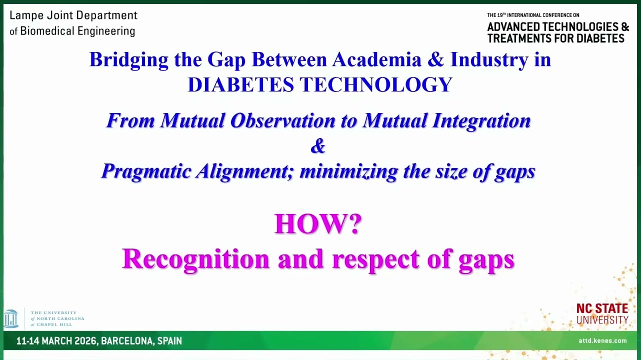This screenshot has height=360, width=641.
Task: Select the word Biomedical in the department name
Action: click(47, 31)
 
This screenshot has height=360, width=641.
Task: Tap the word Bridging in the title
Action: click(129, 60)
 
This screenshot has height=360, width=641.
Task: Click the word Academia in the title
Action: click(377, 59)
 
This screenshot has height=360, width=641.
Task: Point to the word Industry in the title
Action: click(489, 60)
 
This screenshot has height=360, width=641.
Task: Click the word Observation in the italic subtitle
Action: click(282, 120)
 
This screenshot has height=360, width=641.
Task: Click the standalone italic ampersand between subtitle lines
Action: click(318, 146)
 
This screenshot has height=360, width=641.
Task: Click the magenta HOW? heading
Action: click(318, 224)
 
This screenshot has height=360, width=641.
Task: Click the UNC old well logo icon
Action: click(11, 318)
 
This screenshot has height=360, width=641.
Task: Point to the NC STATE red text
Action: click(602, 309)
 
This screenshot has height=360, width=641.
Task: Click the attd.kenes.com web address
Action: click(602, 340)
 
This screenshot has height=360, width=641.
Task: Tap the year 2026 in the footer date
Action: click(86, 341)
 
